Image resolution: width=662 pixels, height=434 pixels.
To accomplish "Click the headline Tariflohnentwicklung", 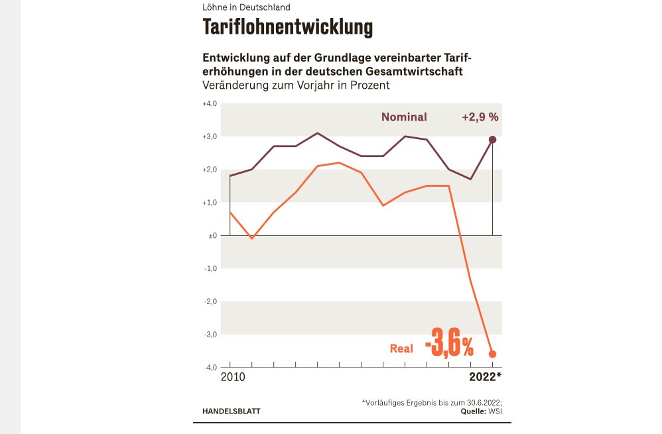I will click(x=287, y=28).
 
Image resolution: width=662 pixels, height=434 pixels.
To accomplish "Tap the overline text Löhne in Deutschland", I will click(x=246, y=7).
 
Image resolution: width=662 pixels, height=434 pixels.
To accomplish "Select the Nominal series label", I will click(x=404, y=117).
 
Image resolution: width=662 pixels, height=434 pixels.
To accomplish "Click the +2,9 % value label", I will click(x=480, y=117).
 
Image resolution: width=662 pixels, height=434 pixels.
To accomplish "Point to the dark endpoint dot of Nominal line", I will click(x=493, y=140).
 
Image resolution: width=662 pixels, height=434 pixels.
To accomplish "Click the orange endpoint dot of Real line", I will click(x=493, y=354).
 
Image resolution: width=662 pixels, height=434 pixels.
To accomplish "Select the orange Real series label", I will click(x=401, y=349).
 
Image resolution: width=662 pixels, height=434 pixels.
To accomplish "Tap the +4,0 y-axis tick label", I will click(x=210, y=104).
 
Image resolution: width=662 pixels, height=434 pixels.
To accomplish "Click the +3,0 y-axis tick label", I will click(x=210, y=136).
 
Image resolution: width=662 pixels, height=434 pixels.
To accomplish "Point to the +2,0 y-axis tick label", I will click(x=210, y=170).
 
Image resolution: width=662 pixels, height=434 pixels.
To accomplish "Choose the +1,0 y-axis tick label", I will click(x=210, y=203).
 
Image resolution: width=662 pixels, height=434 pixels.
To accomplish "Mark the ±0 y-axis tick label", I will click(x=212, y=236).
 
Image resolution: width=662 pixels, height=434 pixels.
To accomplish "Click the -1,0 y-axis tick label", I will click(x=211, y=268).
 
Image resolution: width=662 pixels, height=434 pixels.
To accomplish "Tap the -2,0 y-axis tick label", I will click(x=211, y=301).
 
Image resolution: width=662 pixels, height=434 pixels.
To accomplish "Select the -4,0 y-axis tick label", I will click(x=211, y=367).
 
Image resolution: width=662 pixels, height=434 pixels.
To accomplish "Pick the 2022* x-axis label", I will click(x=486, y=377).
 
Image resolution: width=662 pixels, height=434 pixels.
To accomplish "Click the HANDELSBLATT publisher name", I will click(x=232, y=411).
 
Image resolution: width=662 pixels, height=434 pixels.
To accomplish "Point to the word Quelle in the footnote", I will click(x=474, y=411).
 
